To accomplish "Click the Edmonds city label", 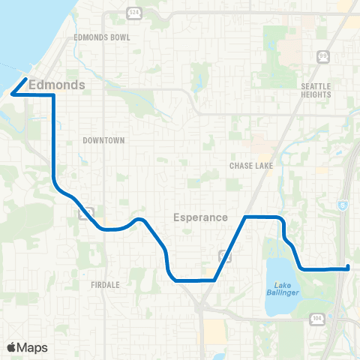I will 56,85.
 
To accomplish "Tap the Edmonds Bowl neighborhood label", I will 103,37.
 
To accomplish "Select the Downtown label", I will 103,140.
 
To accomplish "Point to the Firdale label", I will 107,285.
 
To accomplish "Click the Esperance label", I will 200,217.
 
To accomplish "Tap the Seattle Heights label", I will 316,90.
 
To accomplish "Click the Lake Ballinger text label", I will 286,288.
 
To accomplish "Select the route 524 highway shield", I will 134,13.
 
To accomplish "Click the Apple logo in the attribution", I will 12,347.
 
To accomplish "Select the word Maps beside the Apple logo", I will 32,347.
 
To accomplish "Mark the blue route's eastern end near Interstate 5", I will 348,267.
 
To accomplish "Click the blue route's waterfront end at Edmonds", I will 26,79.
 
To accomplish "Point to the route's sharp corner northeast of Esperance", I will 246,217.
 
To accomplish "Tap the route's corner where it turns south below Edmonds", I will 53,95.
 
